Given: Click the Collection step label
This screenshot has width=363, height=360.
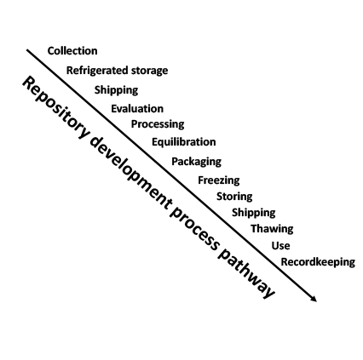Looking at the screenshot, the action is (x=72, y=51).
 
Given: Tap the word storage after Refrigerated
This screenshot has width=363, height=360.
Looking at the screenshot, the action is (x=149, y=71).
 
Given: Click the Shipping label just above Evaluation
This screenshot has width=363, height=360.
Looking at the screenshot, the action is (x=116, y=90).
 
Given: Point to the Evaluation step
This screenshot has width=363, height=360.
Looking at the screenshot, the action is (x=137, y=109).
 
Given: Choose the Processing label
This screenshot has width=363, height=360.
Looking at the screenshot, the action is (x=158, y=124).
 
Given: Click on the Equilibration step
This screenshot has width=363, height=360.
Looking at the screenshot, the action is (x=184, y=142).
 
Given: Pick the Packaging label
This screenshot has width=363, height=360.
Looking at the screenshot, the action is (x=197, y=162).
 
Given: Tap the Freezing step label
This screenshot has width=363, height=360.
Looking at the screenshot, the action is (x=219, y=180).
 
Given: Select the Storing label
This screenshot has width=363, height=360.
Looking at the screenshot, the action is (x=234, y=197).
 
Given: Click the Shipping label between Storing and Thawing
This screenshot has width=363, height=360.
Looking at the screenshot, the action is (x=254, y=213).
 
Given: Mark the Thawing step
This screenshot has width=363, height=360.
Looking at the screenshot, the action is (x=272, y=229).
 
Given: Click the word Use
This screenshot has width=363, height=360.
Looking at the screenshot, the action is (x=280, y=246).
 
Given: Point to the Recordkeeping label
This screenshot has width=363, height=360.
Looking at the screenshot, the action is (x=318, y=262).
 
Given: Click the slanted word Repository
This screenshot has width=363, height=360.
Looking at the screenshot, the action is (x=55, y=109).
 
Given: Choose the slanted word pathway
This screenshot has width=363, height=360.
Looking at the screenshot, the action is (x=245, y=274).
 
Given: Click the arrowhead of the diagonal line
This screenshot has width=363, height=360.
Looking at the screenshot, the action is (x=314, y=299).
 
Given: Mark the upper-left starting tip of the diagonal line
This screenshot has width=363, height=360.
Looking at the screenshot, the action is (x=27, y=50).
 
